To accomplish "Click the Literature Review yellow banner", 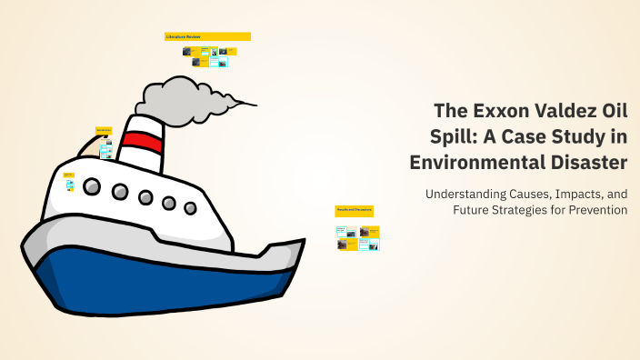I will tap(207, 36).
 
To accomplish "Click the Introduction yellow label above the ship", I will tap(104, 130).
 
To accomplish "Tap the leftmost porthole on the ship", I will tap(92, 187).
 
